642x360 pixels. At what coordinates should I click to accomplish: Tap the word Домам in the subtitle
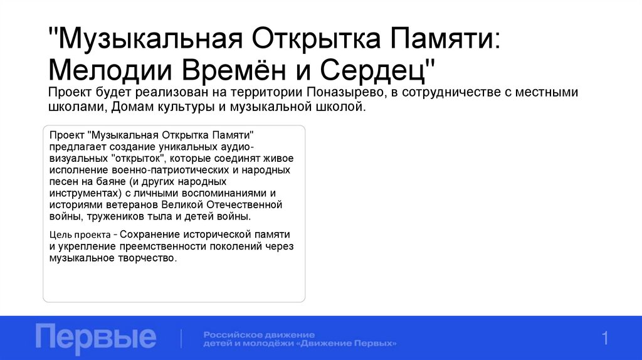pyautogui.click(x=134, y=107)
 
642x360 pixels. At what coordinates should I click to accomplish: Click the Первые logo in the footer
pyautogui.click(x=96, y=337)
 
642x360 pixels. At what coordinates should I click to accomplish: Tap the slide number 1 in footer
pyautogui.click(x=605, y=339)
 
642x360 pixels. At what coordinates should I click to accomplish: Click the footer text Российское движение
pyautogui.click(x=259, y=334)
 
